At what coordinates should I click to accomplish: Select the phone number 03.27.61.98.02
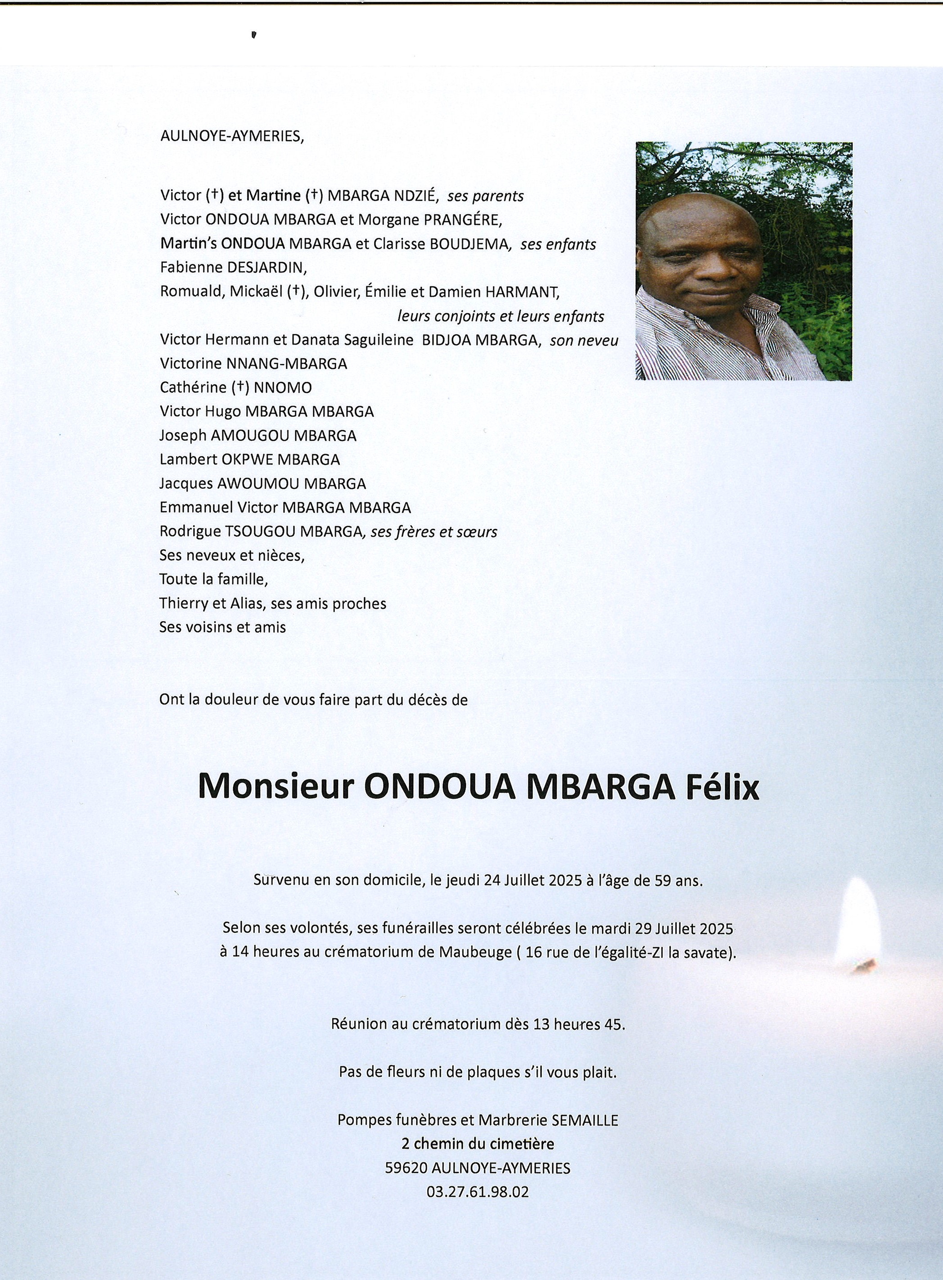(x=477, y=1191)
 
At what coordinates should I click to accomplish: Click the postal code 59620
(x=406, y=1168)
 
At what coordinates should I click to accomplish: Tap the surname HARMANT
(x=522, y=292)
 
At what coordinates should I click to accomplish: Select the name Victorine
(x=191, y=363)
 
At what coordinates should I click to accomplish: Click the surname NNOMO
(x=283, y=388)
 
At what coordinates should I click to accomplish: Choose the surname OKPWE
(x=238, y=459)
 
